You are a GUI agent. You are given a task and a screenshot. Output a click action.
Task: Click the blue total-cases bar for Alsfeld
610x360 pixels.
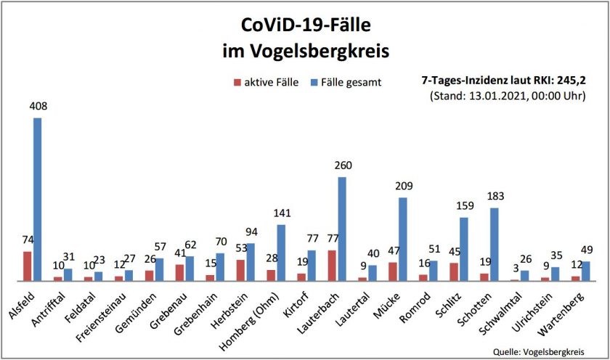[37, 199]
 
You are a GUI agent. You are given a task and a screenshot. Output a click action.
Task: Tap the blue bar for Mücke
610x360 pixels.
[403, 239]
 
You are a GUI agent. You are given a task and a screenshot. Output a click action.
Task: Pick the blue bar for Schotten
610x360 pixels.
[495, 244]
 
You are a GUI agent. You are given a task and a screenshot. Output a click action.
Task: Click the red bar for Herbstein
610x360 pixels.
[240, 270]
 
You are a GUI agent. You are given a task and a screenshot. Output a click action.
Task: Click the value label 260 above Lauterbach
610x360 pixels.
[343, 165]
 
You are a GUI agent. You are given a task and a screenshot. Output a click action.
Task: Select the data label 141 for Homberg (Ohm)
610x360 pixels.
[282, 213]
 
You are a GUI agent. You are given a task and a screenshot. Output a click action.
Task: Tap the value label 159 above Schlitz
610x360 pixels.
[465, 205]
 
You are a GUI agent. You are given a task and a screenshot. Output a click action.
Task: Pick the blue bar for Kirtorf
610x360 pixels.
[312, 265]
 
